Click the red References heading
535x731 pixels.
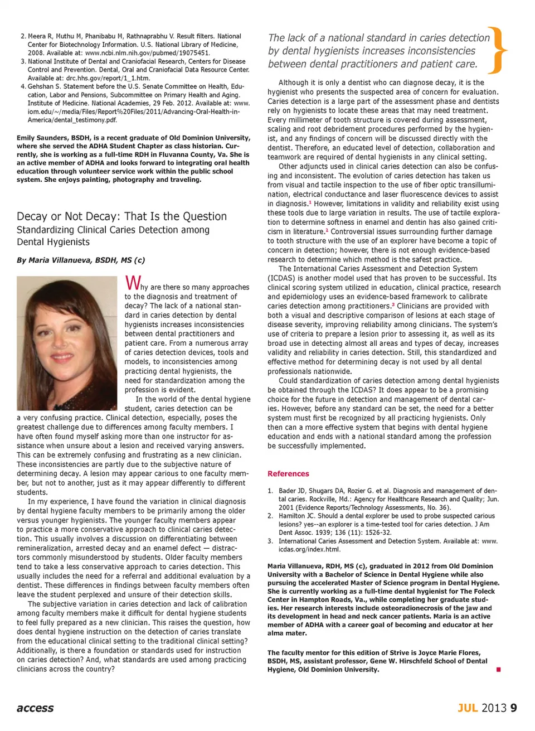coord(288,474)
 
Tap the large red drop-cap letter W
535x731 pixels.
coord(132,283)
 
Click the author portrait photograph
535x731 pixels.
coord(67,343)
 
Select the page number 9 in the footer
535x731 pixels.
coord(513,708)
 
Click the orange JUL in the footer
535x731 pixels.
coord(468,708)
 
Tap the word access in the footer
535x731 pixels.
coord(35,708)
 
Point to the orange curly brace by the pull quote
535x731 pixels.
coord(497,51)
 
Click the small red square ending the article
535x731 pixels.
coord(498,669)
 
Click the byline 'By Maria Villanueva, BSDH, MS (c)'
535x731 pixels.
coord(81,260)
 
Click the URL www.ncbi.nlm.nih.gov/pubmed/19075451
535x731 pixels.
coord(147,53)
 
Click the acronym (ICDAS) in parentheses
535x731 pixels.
coord(284,278)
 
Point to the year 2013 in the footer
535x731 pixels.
coord(494,708)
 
